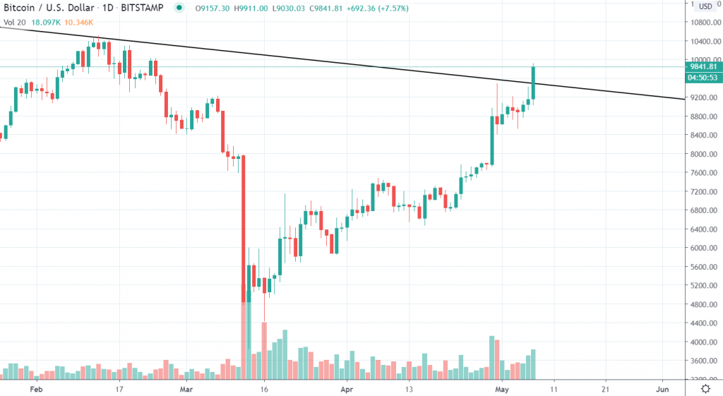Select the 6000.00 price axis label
tap(704, 248)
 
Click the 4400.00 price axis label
tap(704, 323)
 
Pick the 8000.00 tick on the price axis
tap(704, 154)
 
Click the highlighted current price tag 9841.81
tap(704, 67)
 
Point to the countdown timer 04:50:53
tap(704, 77)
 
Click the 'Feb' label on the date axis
tap(37, 388)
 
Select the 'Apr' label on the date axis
tap(347, 388)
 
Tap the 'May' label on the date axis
tap(502, 388)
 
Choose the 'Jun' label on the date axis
tap(662, 388)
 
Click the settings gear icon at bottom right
tap(705, 388)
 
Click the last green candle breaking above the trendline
tap(534, 83)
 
